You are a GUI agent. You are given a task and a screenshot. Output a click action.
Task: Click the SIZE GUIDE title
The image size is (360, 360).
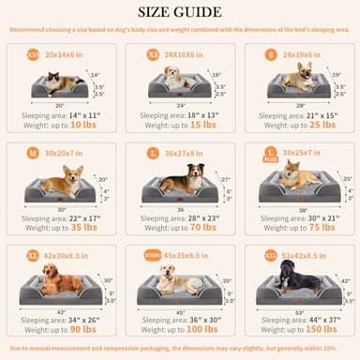point(180,12)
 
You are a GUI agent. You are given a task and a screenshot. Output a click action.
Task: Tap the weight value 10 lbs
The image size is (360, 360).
point(83,125)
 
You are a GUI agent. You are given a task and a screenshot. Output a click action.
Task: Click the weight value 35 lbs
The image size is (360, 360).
point(83,226)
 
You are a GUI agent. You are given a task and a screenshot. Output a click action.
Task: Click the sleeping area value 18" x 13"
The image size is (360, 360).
point(204,114)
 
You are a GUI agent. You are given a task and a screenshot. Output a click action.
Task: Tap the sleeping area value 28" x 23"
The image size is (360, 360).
point(204,216)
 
